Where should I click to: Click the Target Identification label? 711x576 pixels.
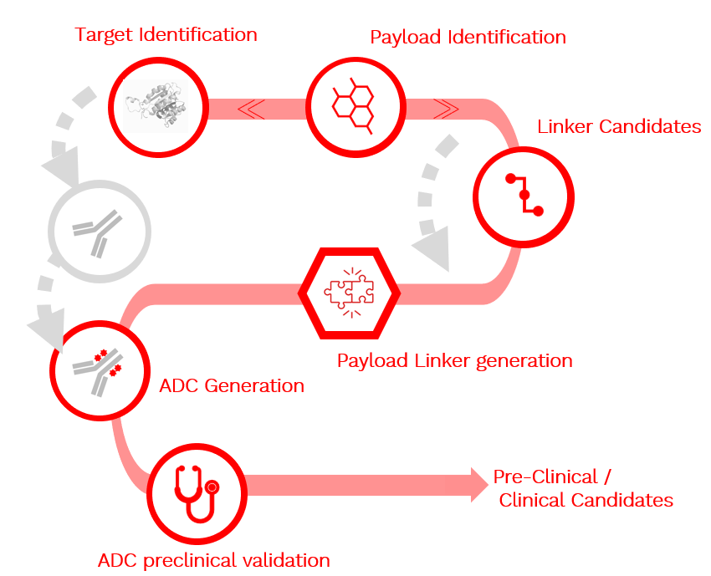click(166, 35)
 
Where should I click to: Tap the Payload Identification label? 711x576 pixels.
click(468, 38)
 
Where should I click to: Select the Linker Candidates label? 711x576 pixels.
click(619, 127)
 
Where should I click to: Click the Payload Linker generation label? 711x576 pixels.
click(454, 361)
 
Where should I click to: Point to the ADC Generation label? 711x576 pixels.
click(232, 386)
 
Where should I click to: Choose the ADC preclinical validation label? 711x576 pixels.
click(213, 560)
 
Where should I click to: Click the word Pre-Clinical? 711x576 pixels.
click(545, 477)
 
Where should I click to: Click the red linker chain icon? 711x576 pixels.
click(524, 195)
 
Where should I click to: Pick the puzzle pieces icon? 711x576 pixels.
click(350, 290)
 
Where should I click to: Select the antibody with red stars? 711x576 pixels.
click(99, 369)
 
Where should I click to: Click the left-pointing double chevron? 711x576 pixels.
click(252, 108)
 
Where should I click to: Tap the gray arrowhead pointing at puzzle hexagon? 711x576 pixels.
click(431, 250)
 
